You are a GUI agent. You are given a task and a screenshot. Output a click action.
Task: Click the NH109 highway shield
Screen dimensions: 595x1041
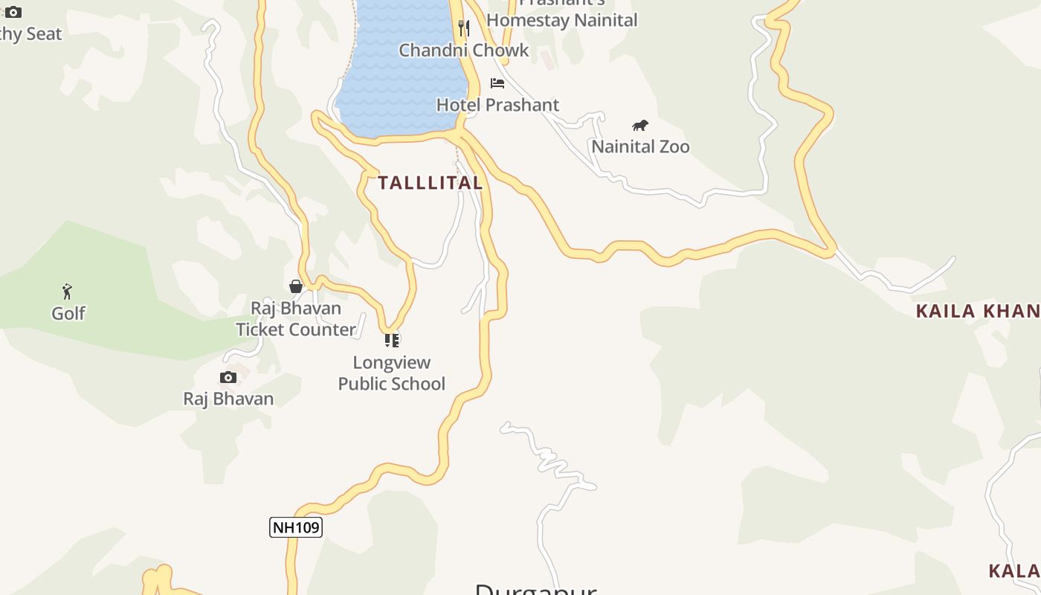(295, 527)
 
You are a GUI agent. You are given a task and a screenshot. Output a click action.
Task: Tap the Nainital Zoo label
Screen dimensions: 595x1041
(640, 147)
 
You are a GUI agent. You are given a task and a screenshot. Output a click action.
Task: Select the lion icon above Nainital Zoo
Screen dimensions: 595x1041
(639, 125)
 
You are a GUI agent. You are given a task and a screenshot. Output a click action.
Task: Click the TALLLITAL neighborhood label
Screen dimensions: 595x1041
(431, 183)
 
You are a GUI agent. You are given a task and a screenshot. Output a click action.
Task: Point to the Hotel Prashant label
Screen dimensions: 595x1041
(497, 105)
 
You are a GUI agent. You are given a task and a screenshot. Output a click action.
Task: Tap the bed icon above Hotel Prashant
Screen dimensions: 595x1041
(497, 83)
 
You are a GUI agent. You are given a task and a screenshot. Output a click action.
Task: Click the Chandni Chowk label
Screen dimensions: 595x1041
(464, 51)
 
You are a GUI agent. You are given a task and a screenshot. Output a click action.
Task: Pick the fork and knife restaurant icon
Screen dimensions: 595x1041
(464, 28)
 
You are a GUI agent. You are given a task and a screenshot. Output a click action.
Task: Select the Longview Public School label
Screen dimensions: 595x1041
(392, 373)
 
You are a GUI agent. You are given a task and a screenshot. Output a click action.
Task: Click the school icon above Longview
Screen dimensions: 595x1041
(392, 341)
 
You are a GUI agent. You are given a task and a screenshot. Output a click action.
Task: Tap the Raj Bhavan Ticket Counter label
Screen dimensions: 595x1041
(296, 319)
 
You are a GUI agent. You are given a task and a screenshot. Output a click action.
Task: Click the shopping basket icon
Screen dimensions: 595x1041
(296, 286)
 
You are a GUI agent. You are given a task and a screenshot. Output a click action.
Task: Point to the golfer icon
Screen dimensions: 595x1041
(68, 292)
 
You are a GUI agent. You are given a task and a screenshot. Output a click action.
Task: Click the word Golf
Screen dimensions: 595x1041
(68, 314)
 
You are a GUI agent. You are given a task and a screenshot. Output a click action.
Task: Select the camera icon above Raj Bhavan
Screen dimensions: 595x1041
(228, 378)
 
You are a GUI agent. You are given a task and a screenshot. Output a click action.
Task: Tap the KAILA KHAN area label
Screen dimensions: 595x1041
(977, 312)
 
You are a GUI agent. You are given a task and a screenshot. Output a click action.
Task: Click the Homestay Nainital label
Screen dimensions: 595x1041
(562, 20)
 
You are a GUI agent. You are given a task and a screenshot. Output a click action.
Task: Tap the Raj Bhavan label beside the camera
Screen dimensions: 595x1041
(228, 399)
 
